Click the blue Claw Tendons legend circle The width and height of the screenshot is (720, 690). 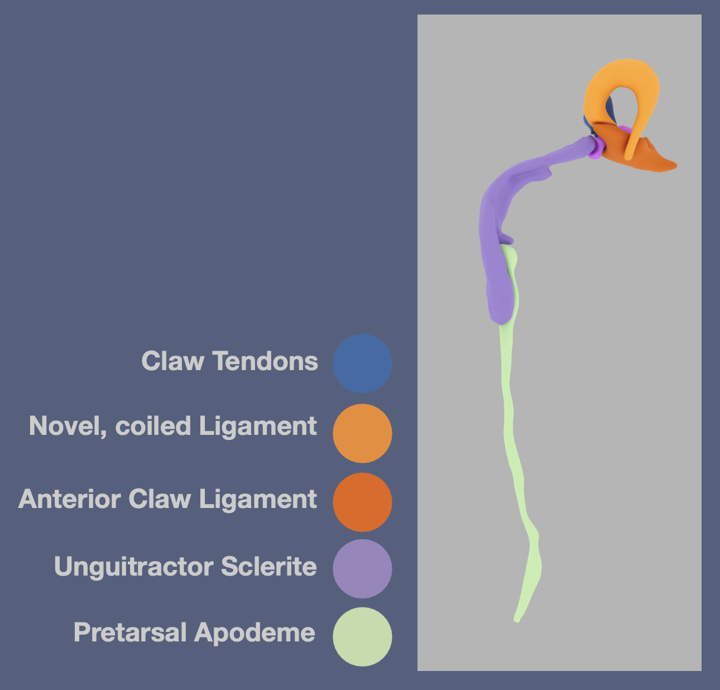pyautogui.click(x=362, y=363)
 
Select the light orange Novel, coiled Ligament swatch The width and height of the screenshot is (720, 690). pyautogui.click(x=362, y=433)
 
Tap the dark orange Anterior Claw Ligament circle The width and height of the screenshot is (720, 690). pyautogui.click(x=362, y=502)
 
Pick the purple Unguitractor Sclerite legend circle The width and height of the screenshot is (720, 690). pyautogui.click(x=362, y=569)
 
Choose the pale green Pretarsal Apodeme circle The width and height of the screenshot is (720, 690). pyautogui.click(x=362, y=637)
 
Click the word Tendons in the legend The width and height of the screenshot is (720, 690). pyautogui.click(x=265, y=361)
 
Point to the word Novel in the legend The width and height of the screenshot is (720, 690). pyautogui.click(x=69, y=426)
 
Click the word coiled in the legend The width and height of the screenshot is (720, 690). pyautogui.click(x=153, y=425)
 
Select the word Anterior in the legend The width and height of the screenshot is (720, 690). pyautogui.click(x=69, y=499)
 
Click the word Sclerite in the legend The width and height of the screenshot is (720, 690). pyautogui.click(x=269, y=566)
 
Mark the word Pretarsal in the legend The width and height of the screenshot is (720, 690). pyautogui.click(x=130, y=632)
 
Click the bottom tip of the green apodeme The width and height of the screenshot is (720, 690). pyautogui.click(x=517, y=620)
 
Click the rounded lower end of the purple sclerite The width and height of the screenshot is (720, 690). pyautogui.click(x=501, y=319)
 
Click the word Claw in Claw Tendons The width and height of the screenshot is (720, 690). pyautogui.click(x=173, y=361)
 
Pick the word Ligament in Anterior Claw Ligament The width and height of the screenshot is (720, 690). pyautogui.click(x=258, y=500)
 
